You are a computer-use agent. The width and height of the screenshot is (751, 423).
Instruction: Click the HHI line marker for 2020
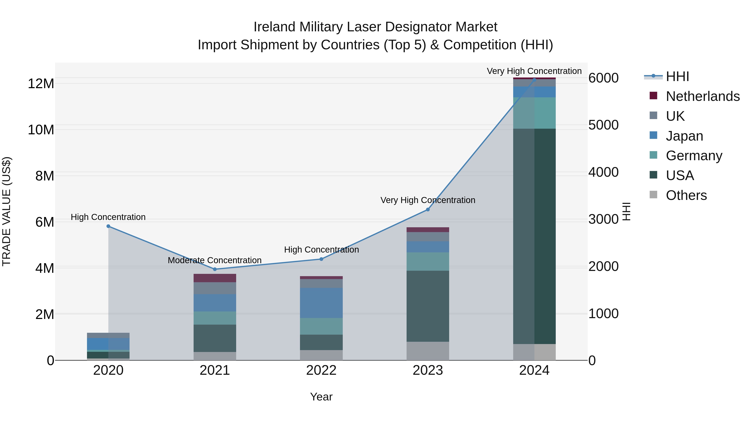[x=108, y=226]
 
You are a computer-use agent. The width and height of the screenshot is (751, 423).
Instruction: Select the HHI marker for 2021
[x=215, y=269]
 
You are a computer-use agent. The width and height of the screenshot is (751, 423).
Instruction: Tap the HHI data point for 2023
[x=428, y=209]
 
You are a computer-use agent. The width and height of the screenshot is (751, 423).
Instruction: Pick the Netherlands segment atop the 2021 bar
[x=215, y=278]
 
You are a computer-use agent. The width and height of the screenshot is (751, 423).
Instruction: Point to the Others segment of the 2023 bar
[x=428, y=351]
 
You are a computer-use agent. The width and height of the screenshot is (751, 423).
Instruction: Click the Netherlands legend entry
[x=703, y=96]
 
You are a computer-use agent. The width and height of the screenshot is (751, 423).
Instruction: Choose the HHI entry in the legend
[x=678, y=76]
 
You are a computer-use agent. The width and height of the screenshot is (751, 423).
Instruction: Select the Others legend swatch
[x=653, y=195]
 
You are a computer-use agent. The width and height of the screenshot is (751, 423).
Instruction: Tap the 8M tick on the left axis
[x=45, y=176]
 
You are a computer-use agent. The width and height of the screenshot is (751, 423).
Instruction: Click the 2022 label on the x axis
[x=321, y=370]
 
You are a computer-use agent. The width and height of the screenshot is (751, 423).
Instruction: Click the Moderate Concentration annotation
[x=215, y=260]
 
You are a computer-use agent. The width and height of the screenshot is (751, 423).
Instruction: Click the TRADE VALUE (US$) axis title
[x=6, y=211]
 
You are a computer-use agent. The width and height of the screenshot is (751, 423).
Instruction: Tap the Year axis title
[x=321, y=397]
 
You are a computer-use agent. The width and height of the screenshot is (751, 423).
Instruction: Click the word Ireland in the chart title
[x=275, y=27]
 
